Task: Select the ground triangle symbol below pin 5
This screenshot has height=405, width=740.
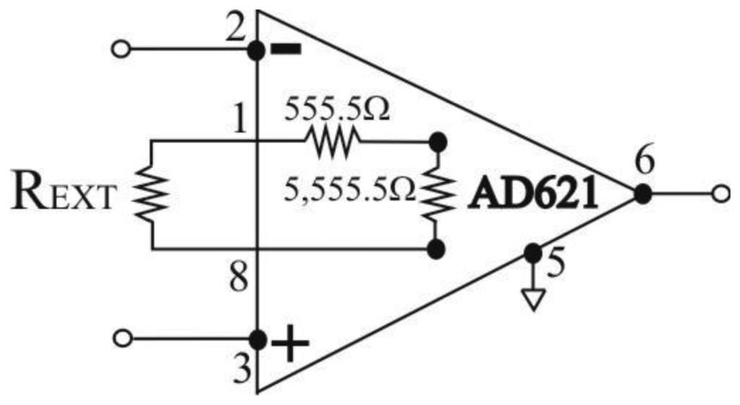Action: [533, 299]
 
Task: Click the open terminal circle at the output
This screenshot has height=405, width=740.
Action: [720, 194]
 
